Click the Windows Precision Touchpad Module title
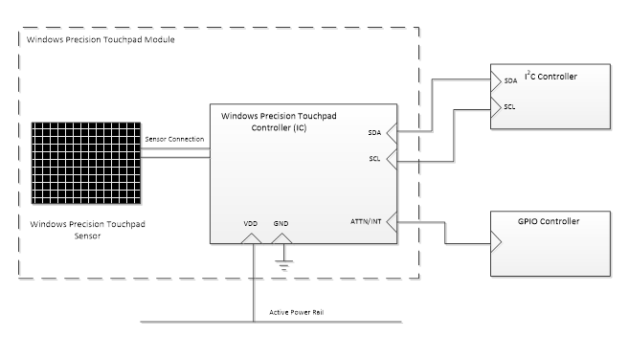[x=101, y=40]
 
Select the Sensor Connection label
[x=173, y=140]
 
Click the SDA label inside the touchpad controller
[x=373, y=133]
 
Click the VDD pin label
[x=250, y=223]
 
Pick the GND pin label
[x=281, y=223]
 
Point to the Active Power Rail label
[x=296, y=313]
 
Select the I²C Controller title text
[x=550, y=75]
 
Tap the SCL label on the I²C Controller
[x=510, y=106]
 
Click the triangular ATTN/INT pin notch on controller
[x=392, y=224]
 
